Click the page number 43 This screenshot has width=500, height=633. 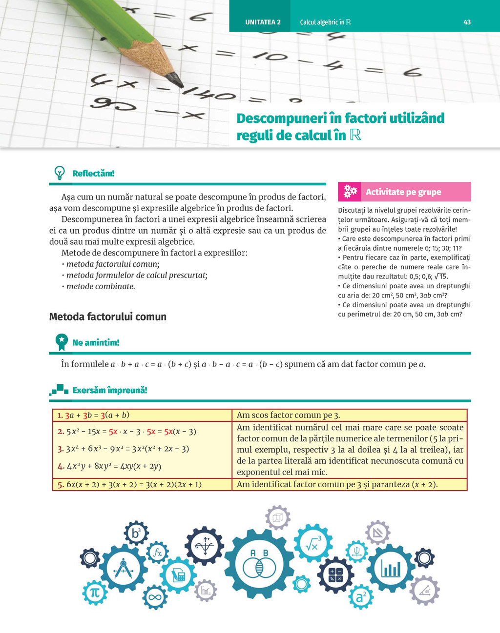click(x=467, y=22)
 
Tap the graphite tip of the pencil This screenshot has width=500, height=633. click(x=174, y=79)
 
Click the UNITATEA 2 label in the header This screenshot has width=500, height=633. click(x=263, y=22)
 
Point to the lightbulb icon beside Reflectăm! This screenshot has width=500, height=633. click(x=60, y=173)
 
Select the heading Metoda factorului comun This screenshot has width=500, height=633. click(x=108, y=316)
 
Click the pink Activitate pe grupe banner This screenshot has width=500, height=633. click(x=404, y=192)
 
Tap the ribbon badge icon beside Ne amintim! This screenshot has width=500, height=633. click(x=62, y=342)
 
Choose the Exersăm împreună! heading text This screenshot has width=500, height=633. click(x=110, y=390)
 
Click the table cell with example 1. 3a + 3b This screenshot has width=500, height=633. click(x=142, y=415)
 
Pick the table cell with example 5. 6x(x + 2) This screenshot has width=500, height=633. click(x=142, y=484)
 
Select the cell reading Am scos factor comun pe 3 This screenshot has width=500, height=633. click(x=349, y=415)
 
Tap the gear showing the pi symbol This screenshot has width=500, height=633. click(x=94, y=593)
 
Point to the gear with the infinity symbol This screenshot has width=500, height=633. click(x=155, y=596)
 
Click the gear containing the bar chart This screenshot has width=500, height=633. click(x=390, y=568)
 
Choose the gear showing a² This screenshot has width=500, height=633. click(x=361, y=596)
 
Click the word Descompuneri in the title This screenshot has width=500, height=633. click(x=281, y=118)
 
